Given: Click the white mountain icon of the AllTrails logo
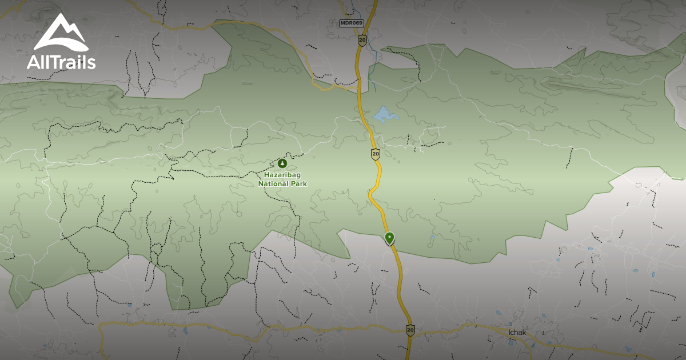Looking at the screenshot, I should click(60, 33).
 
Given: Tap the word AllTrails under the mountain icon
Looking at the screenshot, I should click(61, 62).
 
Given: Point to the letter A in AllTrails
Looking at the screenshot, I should click(33, 62).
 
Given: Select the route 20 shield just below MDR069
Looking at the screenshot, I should click(362, 40).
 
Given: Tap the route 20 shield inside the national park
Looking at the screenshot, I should click(376, 154).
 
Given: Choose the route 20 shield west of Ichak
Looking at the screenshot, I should click(410, 330).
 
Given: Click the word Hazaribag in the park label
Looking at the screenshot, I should click(283, 175).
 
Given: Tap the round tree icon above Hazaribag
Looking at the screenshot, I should click(282, 163).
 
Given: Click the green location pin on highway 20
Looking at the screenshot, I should click(389, 237).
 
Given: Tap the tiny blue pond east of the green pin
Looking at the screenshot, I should click(433, 237).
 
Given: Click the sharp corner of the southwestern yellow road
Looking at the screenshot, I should click(102, 326).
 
